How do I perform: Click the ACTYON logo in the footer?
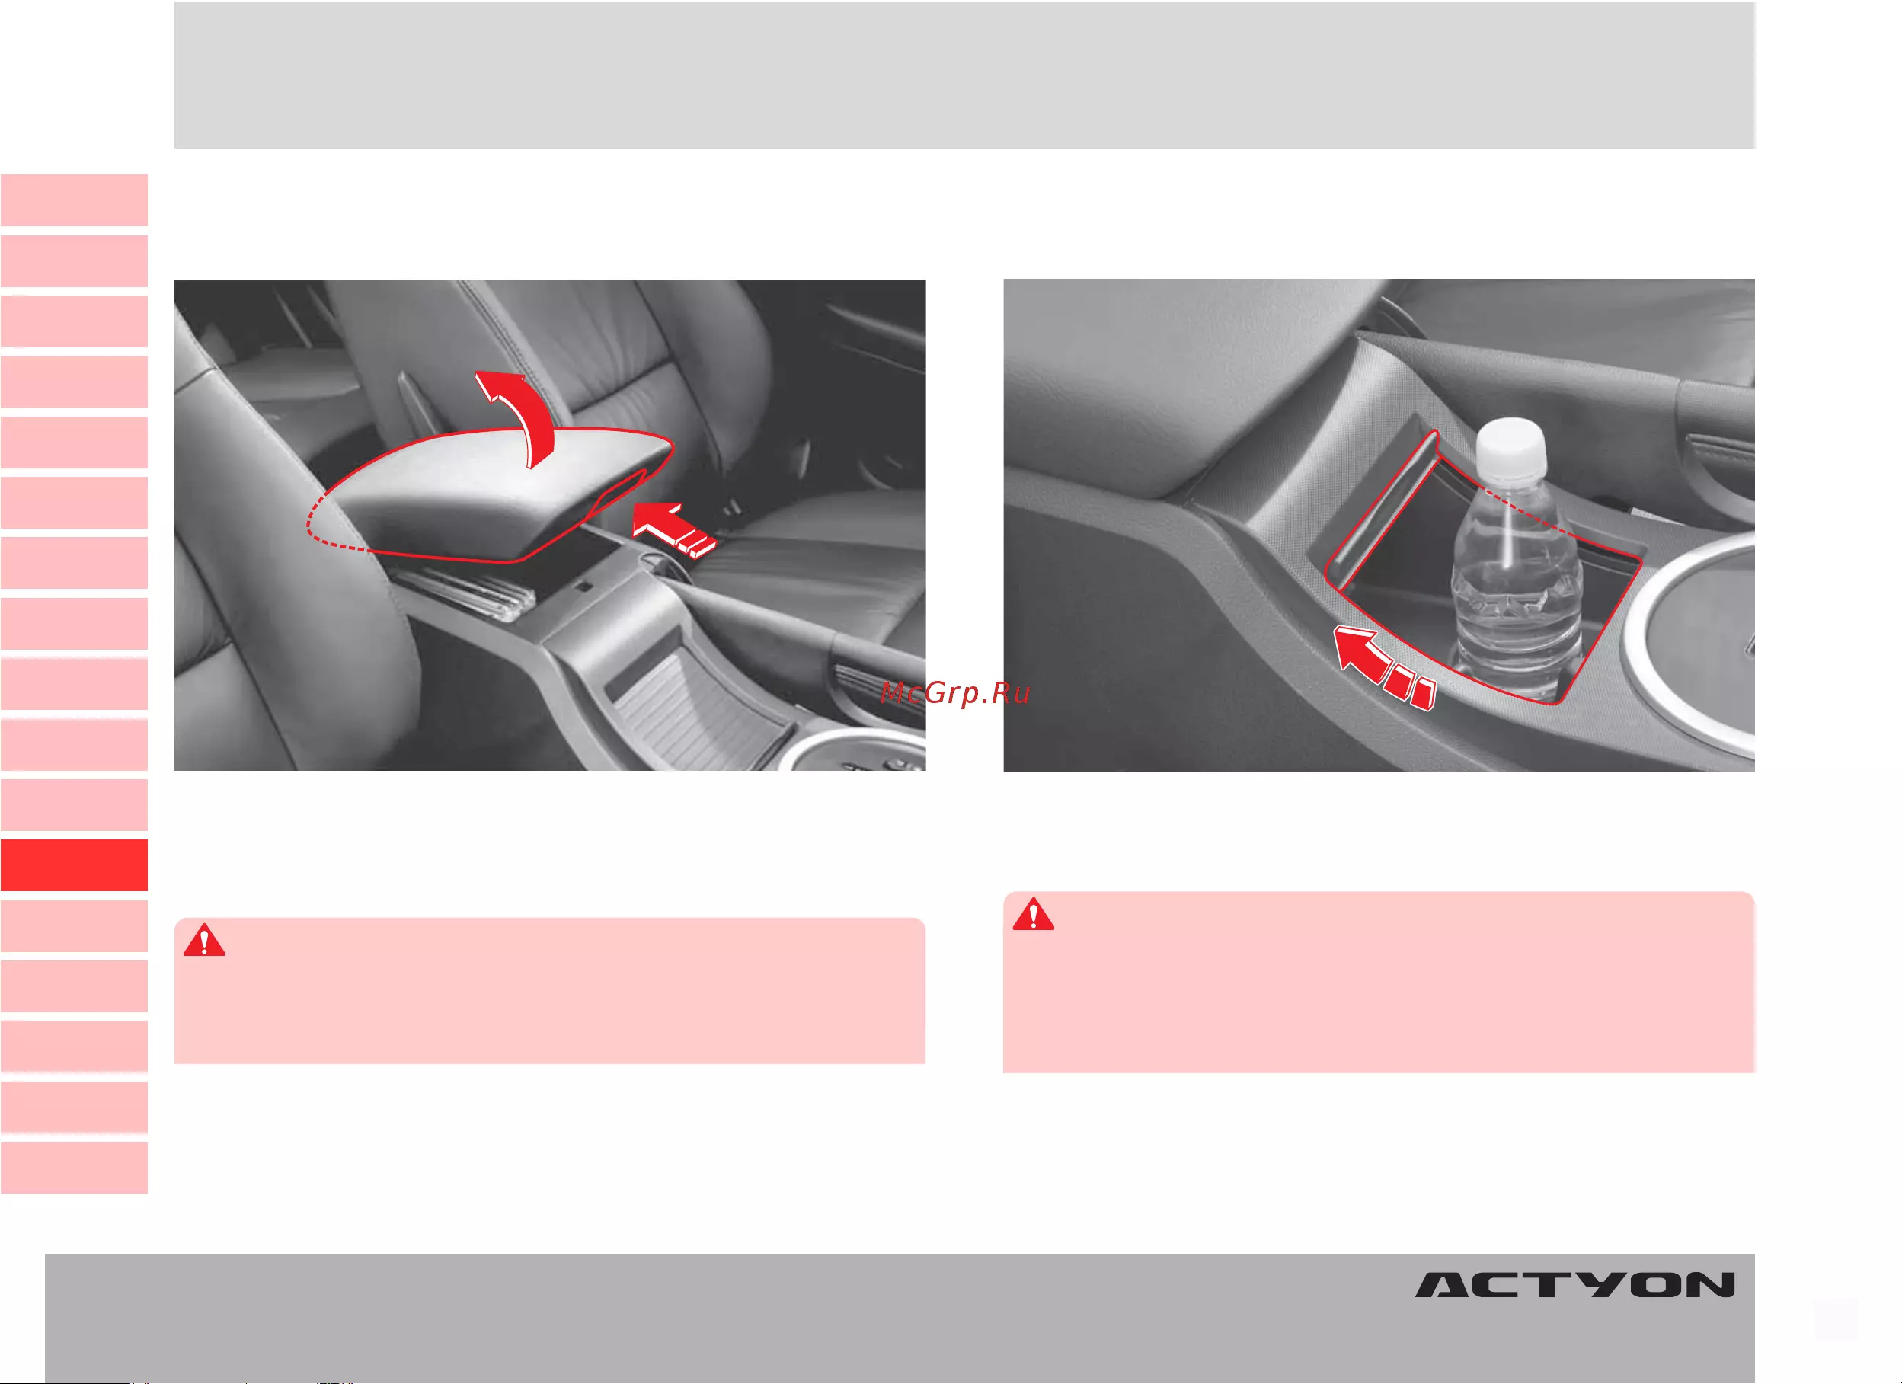click(x=1575, y=1285)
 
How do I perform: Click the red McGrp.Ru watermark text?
click(x=955, y=693)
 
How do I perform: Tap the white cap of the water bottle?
click(x=1510, y=449)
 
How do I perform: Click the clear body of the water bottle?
click(x=1517, y=587)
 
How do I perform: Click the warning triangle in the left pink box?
click(x=204, y=941)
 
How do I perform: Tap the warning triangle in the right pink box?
click(x=1033, y=914)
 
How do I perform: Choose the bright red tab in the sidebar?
click(x=74, y=865)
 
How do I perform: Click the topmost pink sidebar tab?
click(x=74, y=200)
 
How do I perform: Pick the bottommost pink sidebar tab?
click(x=74, y=1167)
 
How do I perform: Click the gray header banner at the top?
click(x=964, y=75)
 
